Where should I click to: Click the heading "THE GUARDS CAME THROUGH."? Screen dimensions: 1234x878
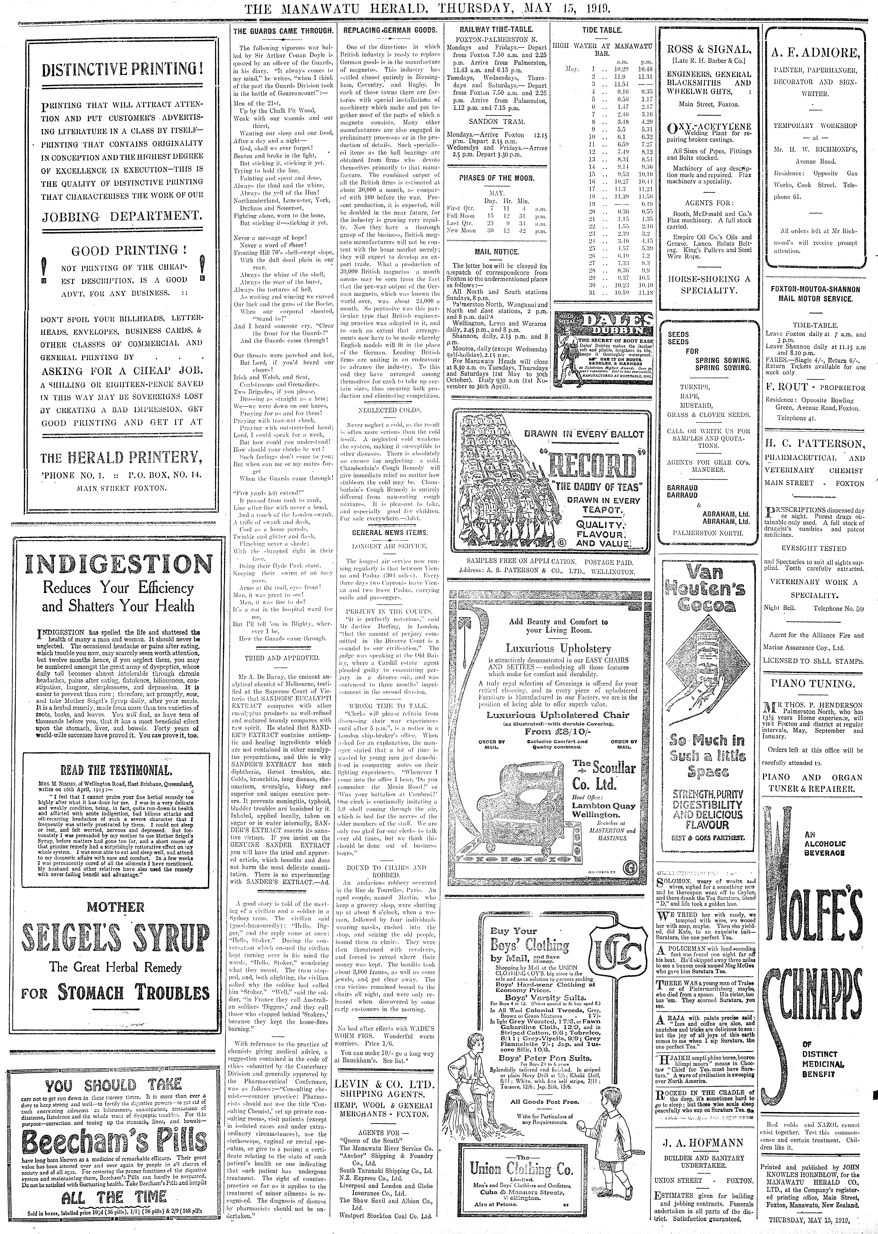[x=280, y=31]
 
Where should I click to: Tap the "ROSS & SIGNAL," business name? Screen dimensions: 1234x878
[x=708, y=49]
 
